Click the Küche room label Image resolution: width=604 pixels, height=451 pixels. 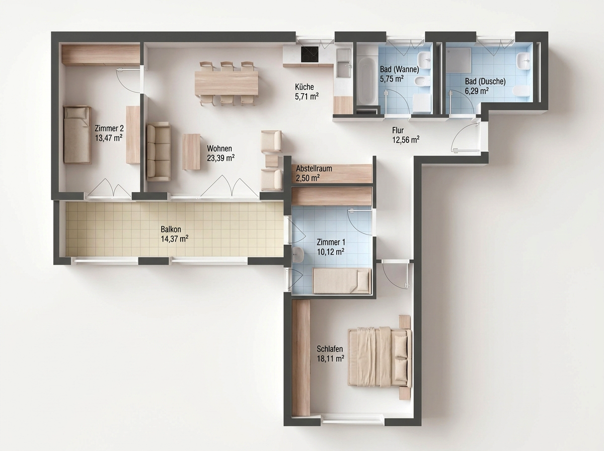[305, 87]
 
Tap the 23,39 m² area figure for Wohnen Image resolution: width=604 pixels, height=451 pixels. [220, 158]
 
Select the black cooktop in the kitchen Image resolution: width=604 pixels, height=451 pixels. [310, 54]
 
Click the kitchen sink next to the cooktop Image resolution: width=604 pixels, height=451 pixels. [344, 63]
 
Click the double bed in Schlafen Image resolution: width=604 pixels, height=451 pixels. [380, 357]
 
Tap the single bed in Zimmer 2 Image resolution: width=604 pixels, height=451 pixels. [77, 134]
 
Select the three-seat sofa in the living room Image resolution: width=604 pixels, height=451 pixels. [159, 152]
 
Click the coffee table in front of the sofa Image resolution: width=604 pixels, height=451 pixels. [191, 152]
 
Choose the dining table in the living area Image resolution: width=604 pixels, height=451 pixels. [226, 83]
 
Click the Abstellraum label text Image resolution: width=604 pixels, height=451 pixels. [314, 169]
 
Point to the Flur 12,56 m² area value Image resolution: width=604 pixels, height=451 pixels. [406, 140]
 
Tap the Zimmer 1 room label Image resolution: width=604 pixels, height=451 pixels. [331, 242]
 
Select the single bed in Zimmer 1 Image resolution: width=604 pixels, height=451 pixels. [342, 281]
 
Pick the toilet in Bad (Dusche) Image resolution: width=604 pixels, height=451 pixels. [521, 91]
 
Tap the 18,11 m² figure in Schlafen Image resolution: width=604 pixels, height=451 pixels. [330, 358]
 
